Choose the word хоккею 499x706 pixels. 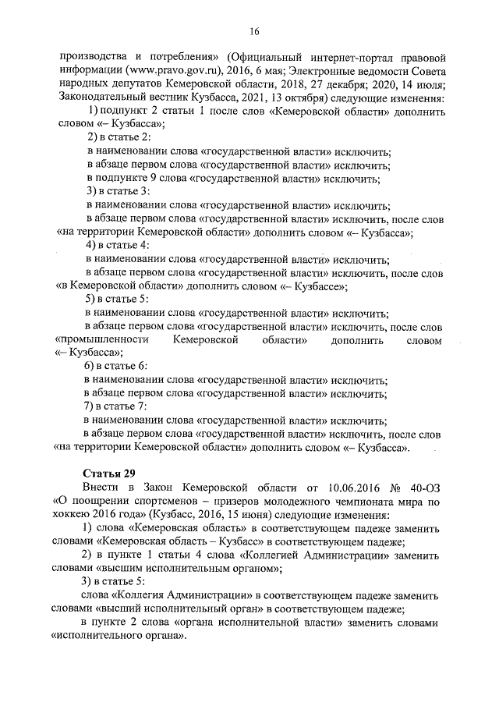77,516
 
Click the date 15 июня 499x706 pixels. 285,516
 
